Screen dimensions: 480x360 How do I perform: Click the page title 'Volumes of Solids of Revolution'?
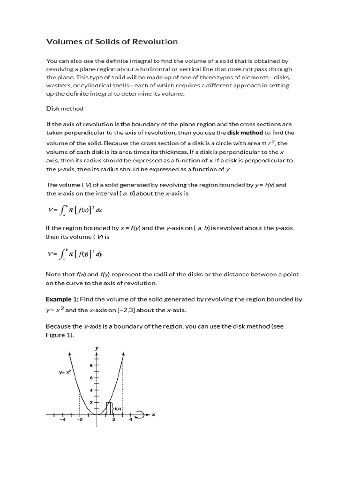point(112,42)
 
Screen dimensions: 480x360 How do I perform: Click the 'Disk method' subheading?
point(65,108)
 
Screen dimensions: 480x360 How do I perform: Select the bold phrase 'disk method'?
point(245,134)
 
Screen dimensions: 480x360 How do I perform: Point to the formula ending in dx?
point(75,210)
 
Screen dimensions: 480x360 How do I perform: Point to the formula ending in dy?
point(75,255)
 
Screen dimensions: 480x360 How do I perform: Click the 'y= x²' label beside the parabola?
point(65,372)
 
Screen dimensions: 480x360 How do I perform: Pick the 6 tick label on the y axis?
point(92,377)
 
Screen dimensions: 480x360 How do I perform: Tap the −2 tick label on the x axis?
point(80,420)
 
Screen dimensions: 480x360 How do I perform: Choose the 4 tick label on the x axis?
point(131,420)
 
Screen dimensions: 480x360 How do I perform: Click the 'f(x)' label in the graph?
point(117,409)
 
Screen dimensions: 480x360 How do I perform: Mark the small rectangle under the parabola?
point(109,408)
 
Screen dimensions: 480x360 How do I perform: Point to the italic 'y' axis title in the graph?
point(97,348)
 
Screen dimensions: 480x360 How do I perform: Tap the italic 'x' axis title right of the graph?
point(153,414)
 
